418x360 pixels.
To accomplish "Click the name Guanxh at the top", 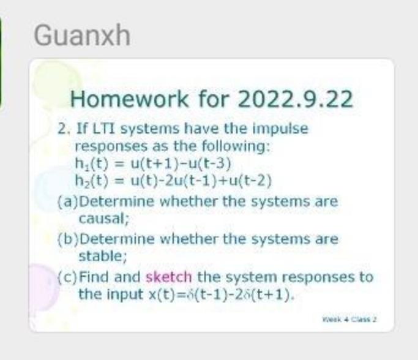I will click(82, 36).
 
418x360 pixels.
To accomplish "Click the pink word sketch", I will click(169, 277).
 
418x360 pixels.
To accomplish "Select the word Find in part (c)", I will click(94, 277).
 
